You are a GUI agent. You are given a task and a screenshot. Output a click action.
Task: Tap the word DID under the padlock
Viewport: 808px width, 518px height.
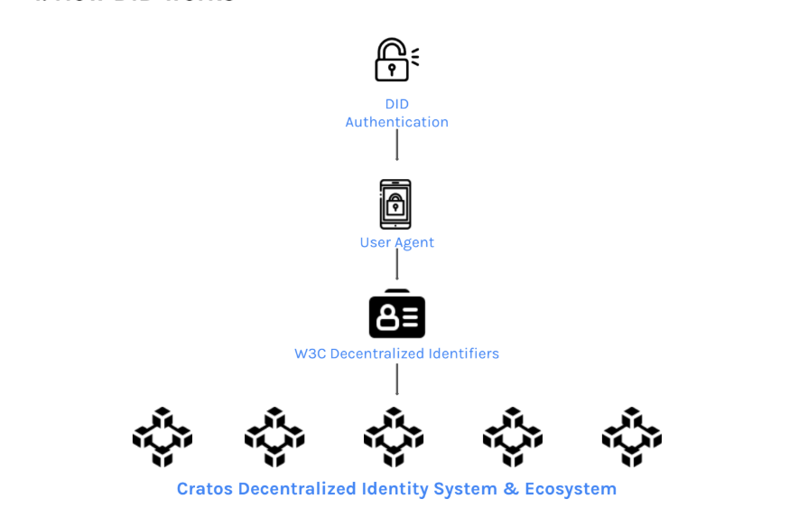click(x=397, y=104)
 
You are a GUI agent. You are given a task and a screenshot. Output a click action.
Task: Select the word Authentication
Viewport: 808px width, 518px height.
click(x=397, y=122)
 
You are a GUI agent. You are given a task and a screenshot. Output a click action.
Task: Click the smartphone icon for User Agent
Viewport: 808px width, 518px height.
click(x=395, y=204)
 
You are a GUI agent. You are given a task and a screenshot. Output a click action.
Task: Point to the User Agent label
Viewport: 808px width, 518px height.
click(x=397, y=242)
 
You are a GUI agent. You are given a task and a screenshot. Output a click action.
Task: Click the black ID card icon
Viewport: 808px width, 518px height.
click(x=397, y=316)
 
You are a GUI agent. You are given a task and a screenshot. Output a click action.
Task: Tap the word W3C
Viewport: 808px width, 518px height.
click(x=311, y=353)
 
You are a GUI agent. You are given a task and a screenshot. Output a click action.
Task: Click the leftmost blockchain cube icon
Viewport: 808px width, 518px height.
click(x=163, y=437)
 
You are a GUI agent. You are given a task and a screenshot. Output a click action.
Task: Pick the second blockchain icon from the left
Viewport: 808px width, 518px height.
click(x=274, y=437)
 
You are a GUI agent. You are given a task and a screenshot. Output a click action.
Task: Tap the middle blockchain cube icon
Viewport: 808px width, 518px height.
click(x=394, y=437)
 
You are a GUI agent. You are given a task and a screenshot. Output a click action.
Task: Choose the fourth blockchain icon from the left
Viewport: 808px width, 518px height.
click(x=513, y=437)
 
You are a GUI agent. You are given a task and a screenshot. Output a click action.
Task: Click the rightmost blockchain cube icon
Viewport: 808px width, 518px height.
click(x=632, y=437)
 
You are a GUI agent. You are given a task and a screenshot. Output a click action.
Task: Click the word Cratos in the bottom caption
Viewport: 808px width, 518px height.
click(x=204, y=489)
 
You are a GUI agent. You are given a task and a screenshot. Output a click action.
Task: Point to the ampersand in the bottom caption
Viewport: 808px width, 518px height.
click(x=511, y=489)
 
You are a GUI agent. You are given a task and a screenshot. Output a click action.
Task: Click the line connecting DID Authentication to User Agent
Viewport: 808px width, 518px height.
click(x=397, y=145)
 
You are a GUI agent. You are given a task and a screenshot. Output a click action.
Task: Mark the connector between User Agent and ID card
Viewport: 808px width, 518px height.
click(x=397, y=265)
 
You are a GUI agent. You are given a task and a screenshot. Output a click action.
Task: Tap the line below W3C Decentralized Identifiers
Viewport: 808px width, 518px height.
click(x=397, y=379)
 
